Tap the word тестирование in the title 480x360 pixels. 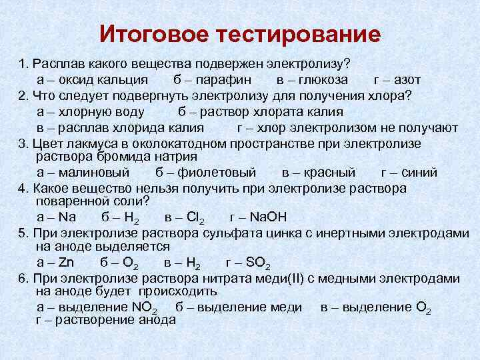pos(299,34)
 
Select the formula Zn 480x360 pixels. pos(67,262)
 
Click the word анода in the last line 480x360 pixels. pos(157,319)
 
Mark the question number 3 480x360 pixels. pos(22,143)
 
